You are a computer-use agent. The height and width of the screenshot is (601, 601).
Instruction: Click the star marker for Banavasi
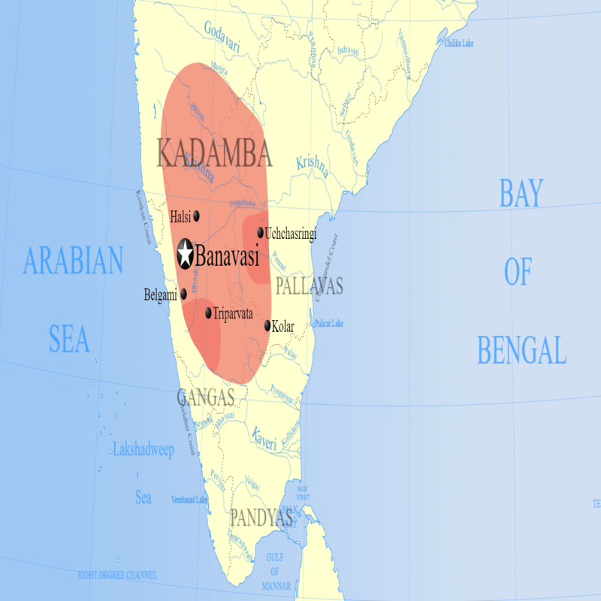click(186, 254)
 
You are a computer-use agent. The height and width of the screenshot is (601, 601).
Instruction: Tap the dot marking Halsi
click(197, 216)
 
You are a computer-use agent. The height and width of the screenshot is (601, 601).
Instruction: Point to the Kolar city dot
click(268, 325)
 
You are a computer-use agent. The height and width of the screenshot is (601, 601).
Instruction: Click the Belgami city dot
click(183, 294)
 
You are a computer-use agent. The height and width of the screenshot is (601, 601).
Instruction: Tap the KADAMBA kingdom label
click(214, 153)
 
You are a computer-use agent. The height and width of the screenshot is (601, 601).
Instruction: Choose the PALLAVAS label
click(309, 285)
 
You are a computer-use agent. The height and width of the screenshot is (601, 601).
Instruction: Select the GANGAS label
click(206, 397)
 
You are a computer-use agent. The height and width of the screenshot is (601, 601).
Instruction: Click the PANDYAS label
click(261, 518)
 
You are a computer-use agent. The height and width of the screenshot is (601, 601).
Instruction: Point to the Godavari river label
click(224, 36)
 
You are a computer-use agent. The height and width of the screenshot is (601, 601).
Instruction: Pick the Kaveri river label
click(264, 436)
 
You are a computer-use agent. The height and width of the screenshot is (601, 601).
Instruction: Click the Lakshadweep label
click(143, 450)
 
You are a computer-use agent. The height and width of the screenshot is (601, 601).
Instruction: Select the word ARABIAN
click(73, 262)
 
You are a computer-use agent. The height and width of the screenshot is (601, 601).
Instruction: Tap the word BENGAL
click(521, 350)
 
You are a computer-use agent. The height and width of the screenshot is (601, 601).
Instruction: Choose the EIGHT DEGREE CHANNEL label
click(118, 575)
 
